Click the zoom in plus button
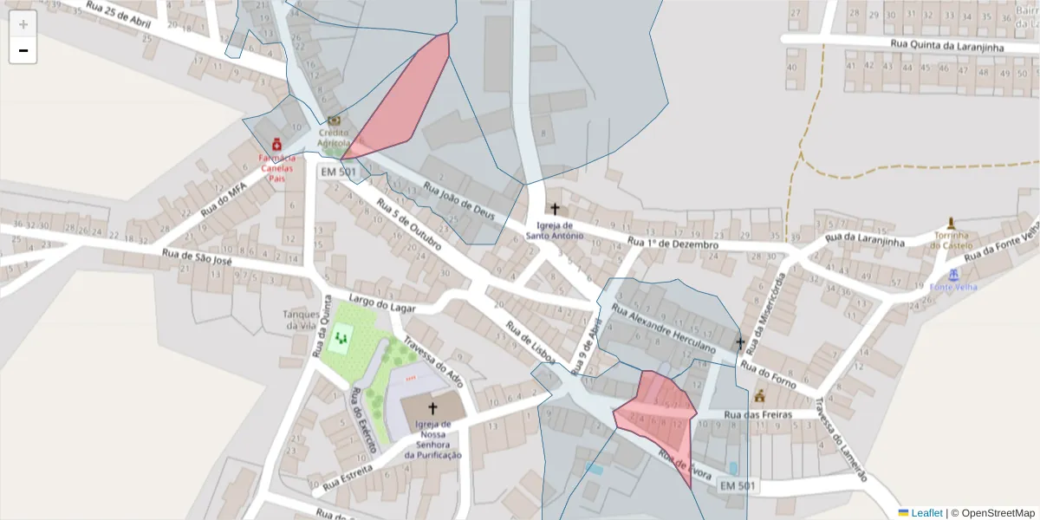click(x=23, y=24)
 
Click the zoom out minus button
click(x=23, y=51)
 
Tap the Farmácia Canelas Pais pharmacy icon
click(x=276, y=144)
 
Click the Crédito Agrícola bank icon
click(x=334, y=120)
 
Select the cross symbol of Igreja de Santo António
click(x=555, y=209)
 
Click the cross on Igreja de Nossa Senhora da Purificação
click(x=432, y=407)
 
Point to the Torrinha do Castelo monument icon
click(x=952, y=223)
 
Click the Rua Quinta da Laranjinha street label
click(x=946, y=45)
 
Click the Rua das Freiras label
click(x=757, y=415)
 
